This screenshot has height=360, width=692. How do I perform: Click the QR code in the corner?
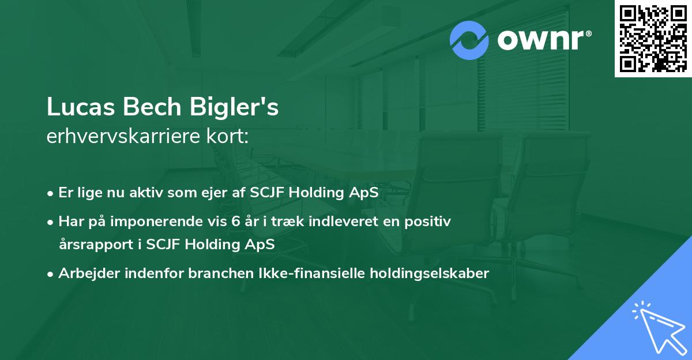click(653, 38)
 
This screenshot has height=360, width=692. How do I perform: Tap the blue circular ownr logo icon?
click(469, 40)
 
